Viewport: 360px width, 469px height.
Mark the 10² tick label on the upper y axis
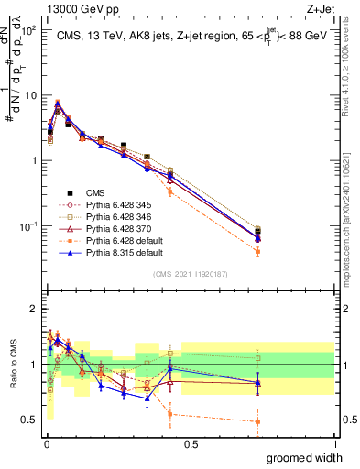(x=27, y=29)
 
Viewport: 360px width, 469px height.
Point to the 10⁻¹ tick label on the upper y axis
(x=27, y=225)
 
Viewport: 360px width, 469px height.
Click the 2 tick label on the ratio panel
(x=33, y=309)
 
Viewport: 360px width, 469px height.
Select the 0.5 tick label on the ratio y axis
(x=29, y=420)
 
